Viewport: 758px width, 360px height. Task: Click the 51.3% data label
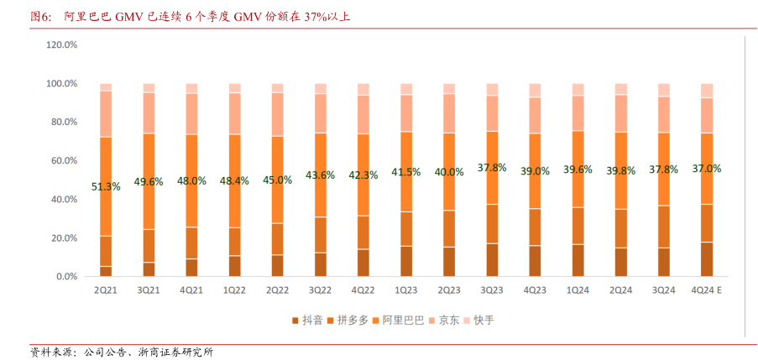106,186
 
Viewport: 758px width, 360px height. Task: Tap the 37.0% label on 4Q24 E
706,168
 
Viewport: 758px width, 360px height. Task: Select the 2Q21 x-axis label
106,290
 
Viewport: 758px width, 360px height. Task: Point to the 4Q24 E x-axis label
706,290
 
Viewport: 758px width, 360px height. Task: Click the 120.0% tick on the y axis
61,44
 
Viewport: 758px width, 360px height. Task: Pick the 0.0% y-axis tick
65,276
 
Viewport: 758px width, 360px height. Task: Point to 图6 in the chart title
40,16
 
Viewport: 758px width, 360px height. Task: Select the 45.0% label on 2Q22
277,179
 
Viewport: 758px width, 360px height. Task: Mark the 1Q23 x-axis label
406,290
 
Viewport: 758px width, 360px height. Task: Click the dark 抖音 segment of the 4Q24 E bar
706,259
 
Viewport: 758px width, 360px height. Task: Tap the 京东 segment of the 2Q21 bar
106,113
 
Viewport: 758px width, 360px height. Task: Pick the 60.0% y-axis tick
64,160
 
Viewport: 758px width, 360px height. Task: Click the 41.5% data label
406,172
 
